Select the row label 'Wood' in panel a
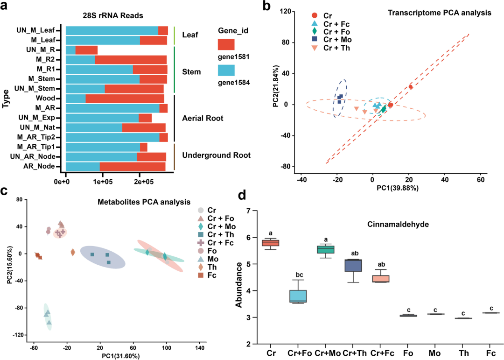46,99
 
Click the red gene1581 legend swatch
226,45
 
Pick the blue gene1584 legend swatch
226,71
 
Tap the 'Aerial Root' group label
203,118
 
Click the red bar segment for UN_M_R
86,50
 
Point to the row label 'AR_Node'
42,166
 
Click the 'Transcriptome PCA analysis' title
439,13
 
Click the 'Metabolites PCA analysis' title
144,202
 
